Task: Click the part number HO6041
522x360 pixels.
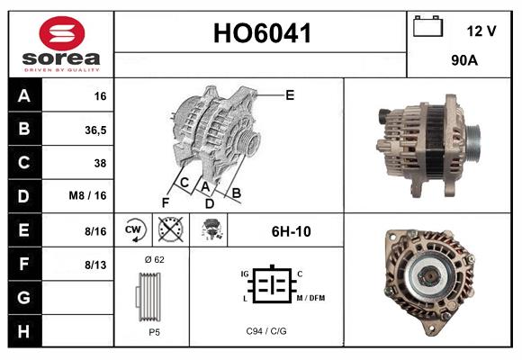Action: (x=261, y=34)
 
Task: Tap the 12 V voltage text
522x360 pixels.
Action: (x=481, y=31)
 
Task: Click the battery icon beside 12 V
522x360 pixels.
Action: (x=427, y=28)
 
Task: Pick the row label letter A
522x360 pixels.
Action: (x=23, y=95)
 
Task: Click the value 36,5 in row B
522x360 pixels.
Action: (x=96, y=130)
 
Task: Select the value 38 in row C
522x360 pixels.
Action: (x=100, y=163)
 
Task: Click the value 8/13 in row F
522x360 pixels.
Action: (x=95, y=264)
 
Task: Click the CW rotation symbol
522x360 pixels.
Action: (x=134, y=230)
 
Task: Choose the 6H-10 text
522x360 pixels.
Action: (x=291, y=231)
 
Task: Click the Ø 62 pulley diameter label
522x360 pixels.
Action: (x=154, y=259)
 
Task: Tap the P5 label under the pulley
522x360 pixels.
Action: (x=154, y=331)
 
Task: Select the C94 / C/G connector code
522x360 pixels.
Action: (x=265, y=331)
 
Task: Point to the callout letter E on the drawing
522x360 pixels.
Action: (x=290, y=94)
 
